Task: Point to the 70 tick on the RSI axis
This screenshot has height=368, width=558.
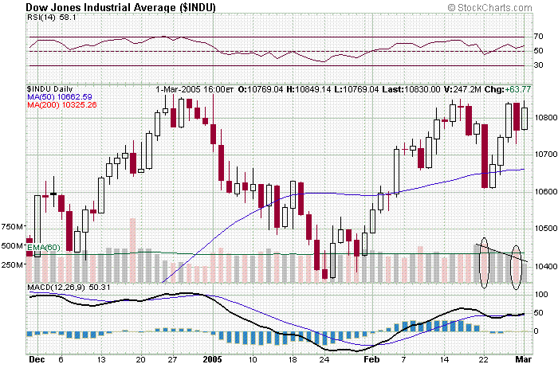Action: [x=539, y=37]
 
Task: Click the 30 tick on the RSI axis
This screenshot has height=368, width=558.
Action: [x=539, y=65]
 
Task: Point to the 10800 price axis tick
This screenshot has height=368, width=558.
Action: [x=544, y=116]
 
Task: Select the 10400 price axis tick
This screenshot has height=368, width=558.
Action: [x=544, y=266]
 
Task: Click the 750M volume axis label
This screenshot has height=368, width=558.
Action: [x=13, y=227]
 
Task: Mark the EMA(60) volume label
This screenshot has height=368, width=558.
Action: [x=45, y=248]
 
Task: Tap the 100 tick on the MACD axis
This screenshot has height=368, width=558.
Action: [x=540, y=295]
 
